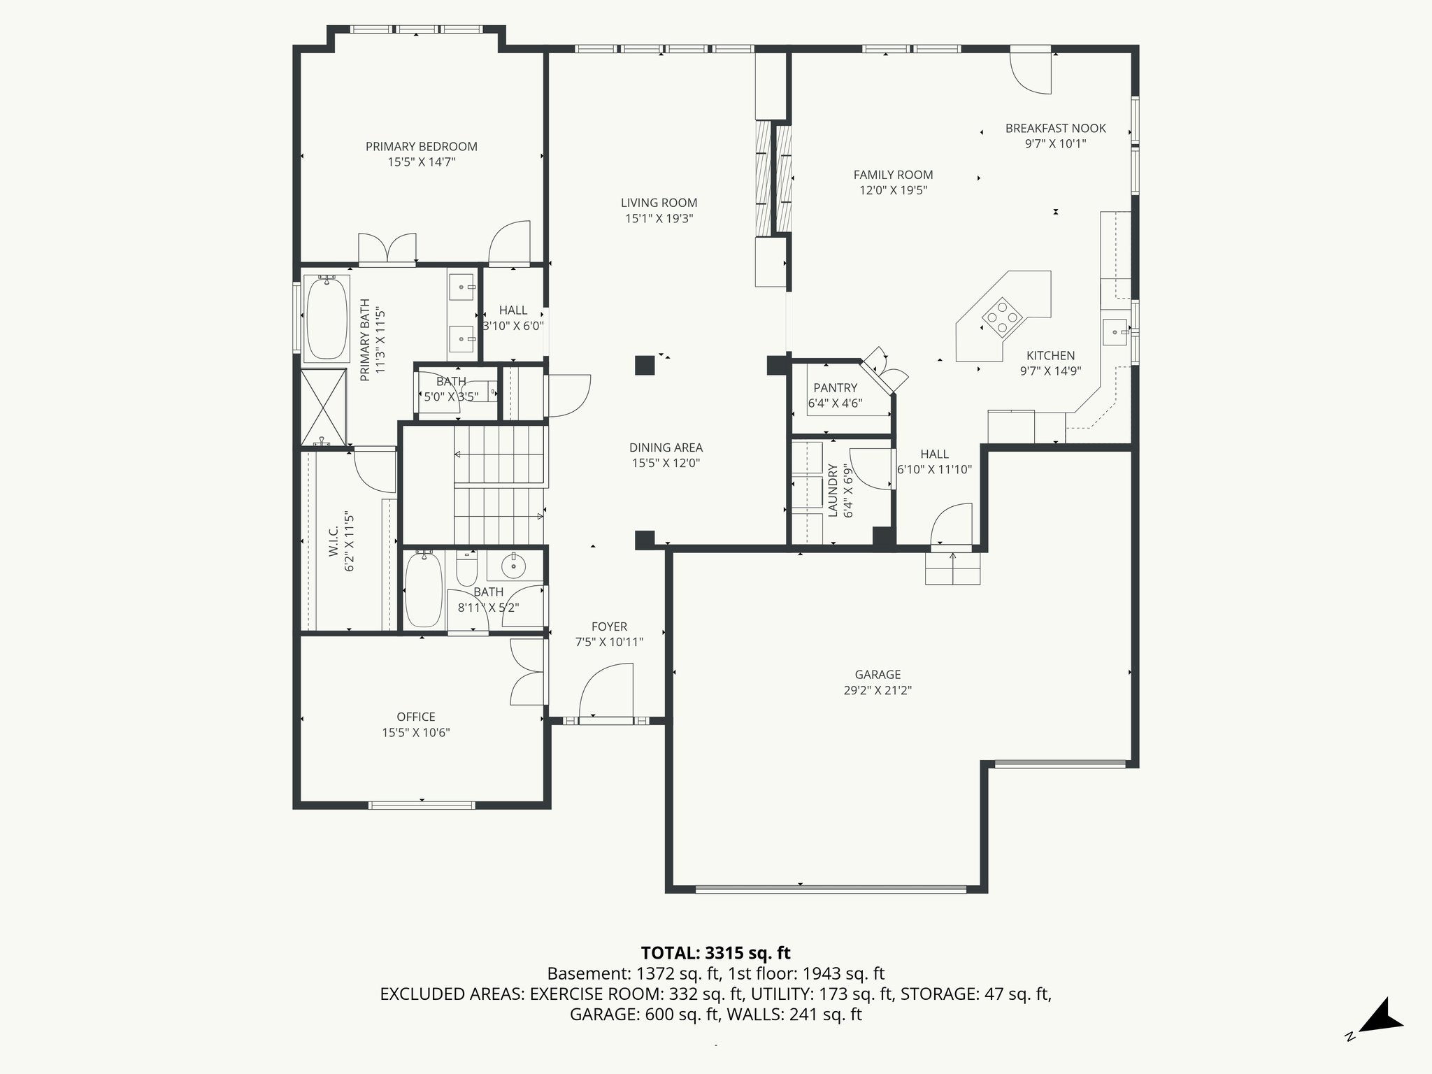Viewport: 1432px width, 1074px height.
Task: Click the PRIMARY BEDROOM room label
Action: click(421, 146)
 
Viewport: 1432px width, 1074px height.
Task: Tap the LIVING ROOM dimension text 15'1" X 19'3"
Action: click(659, 218)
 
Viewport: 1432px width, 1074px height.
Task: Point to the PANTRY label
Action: click(835, 388)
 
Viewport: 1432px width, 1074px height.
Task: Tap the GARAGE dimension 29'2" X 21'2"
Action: click(878, 690)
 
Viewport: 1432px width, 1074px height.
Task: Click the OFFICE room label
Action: click(415, 717)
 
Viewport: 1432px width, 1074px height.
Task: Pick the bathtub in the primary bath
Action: click(326, 317)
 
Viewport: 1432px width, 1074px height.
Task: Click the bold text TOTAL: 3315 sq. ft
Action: click(715, 953)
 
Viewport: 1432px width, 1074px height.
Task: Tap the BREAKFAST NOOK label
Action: click(1055, 128)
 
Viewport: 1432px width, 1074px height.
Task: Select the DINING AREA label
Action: click(666, 447)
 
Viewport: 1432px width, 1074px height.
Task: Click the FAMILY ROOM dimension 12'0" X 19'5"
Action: click(893, 190)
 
